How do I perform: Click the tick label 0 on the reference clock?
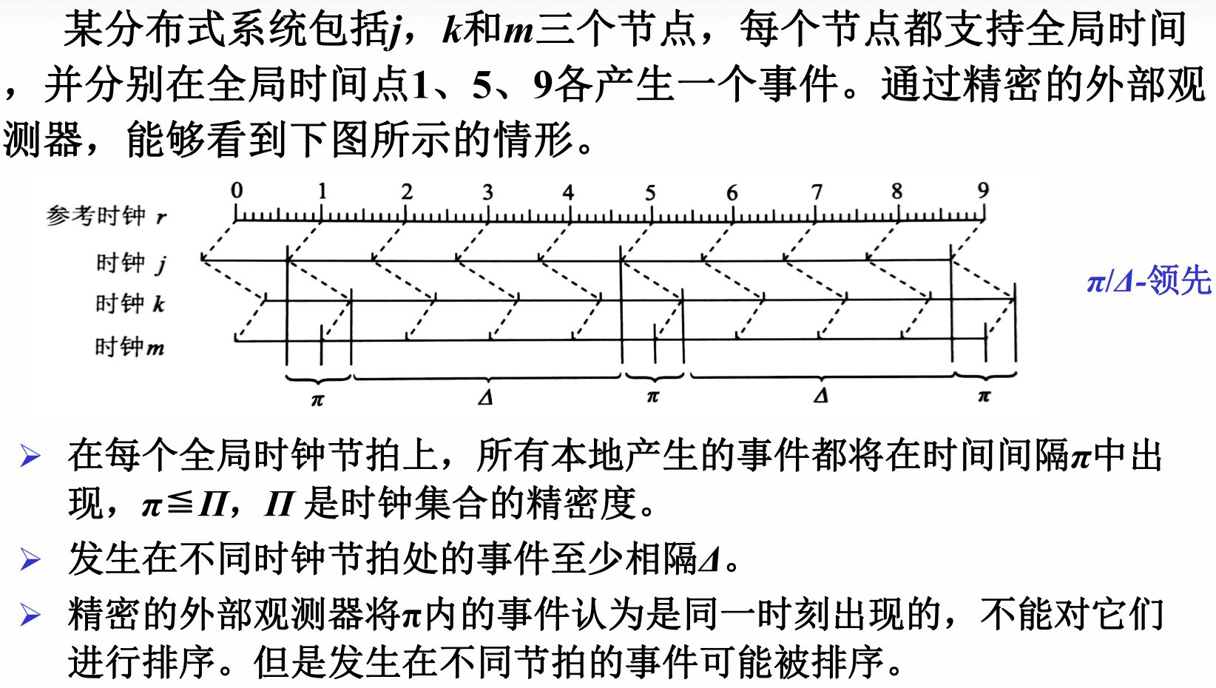click(237, 190)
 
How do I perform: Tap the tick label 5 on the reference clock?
click(650, 193)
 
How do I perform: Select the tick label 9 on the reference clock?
click(983, 190)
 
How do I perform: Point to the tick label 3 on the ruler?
click(487, 192)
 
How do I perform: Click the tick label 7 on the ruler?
click(817, 192)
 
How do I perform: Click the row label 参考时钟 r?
click(107, 215)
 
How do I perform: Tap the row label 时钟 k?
click(130, 303)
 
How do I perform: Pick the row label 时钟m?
click(129, 346)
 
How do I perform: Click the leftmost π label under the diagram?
click(317, 400)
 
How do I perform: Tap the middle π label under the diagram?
click(652, 397)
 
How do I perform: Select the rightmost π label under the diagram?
click(984, 397)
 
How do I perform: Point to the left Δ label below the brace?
click(485, 398)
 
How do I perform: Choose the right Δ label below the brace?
click(821, 396)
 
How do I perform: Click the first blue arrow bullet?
click(30, 456)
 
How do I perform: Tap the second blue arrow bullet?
click(30, 559)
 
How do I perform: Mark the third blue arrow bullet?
click(30, 615)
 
